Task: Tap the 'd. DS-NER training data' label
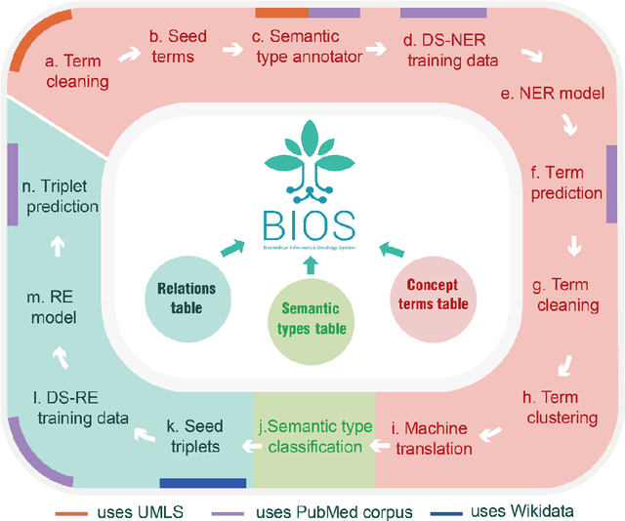pos(450,51)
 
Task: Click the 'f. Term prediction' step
pos(565,182)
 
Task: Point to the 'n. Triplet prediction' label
pos(61,195)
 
